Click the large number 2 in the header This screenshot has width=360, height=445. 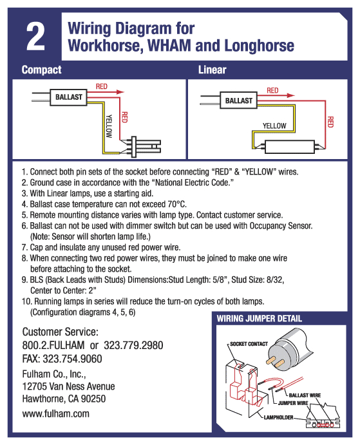[35, 38]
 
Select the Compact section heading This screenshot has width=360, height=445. [41, 70]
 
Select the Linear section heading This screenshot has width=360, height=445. [212, 70]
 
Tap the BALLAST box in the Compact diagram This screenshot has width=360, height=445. [69, 96]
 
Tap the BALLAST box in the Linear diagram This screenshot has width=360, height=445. [239, 101]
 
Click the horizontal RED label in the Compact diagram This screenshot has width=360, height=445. [101, 86]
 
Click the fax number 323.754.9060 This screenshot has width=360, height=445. [73, 359]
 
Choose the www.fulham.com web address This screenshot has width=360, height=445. [55, 413]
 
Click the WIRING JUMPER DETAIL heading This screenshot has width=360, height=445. [259, 319]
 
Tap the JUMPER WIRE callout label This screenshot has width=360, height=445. [294, 403]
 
